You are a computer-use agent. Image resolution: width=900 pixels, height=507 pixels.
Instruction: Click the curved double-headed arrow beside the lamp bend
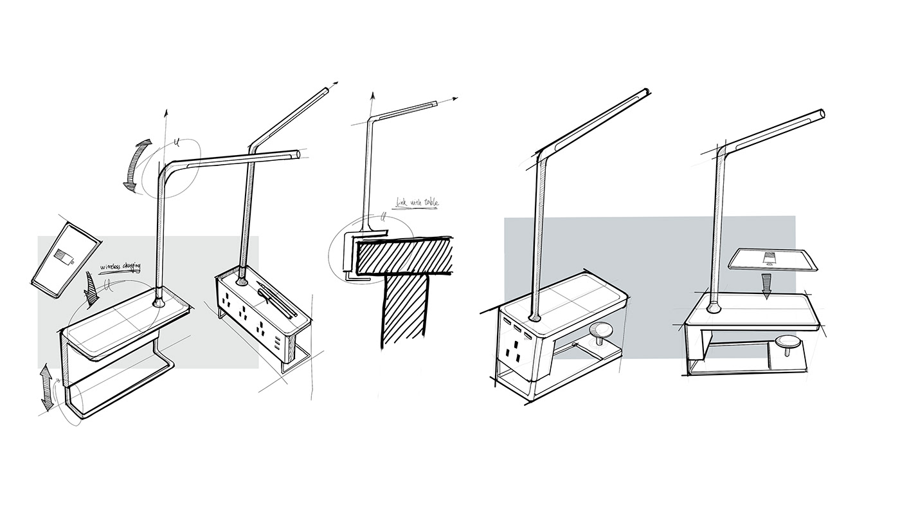(x=138, y=165)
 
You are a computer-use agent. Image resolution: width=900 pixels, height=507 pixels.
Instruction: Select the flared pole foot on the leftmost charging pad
(x=158, y=300)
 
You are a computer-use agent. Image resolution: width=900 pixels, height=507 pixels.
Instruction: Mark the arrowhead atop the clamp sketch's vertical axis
(x=372, y=95)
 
